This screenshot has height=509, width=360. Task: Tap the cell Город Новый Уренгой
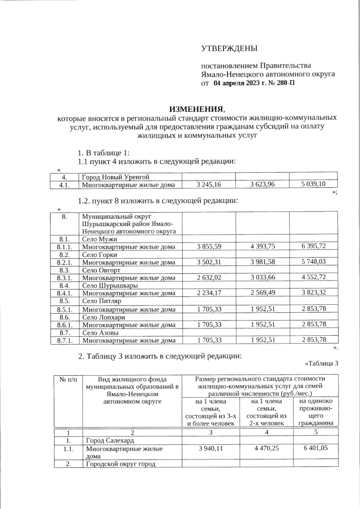tap(115, 178)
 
